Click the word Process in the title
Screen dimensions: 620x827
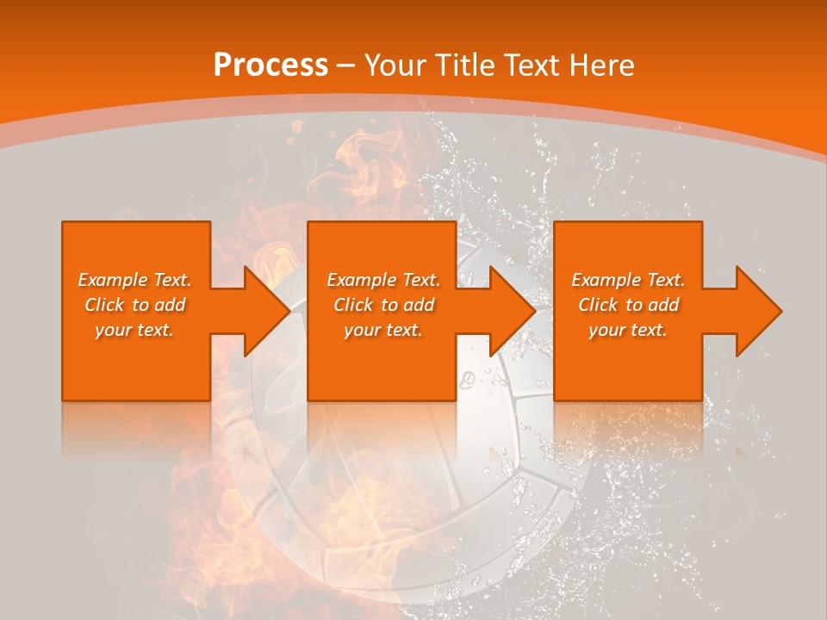[x=270, y=65]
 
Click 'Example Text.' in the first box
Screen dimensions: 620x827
[x=135, y=280]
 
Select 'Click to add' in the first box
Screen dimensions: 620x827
[x=135, y=305]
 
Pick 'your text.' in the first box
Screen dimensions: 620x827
[x=135, y=330]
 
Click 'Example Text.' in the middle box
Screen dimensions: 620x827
[x=383, y=280]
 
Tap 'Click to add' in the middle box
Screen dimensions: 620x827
[x=383, y=305]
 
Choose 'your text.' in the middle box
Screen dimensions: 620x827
[x=383, y=330]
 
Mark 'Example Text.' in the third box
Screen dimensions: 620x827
[x=628, y=280]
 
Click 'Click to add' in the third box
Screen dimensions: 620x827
[x=628, y=305]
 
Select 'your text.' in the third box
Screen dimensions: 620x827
[x=628, y=330]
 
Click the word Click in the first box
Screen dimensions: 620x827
[x=104, y=305]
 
